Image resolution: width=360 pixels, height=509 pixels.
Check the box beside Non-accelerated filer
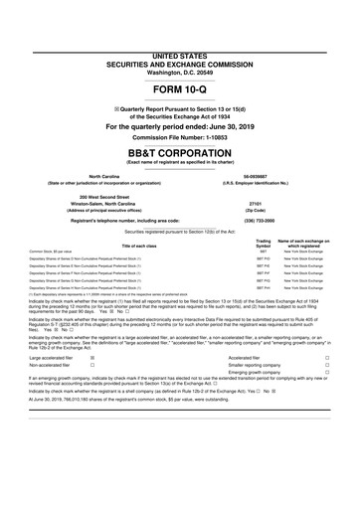[x=92, y=395]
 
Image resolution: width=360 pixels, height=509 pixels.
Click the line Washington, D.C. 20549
[x=180, y=46]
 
